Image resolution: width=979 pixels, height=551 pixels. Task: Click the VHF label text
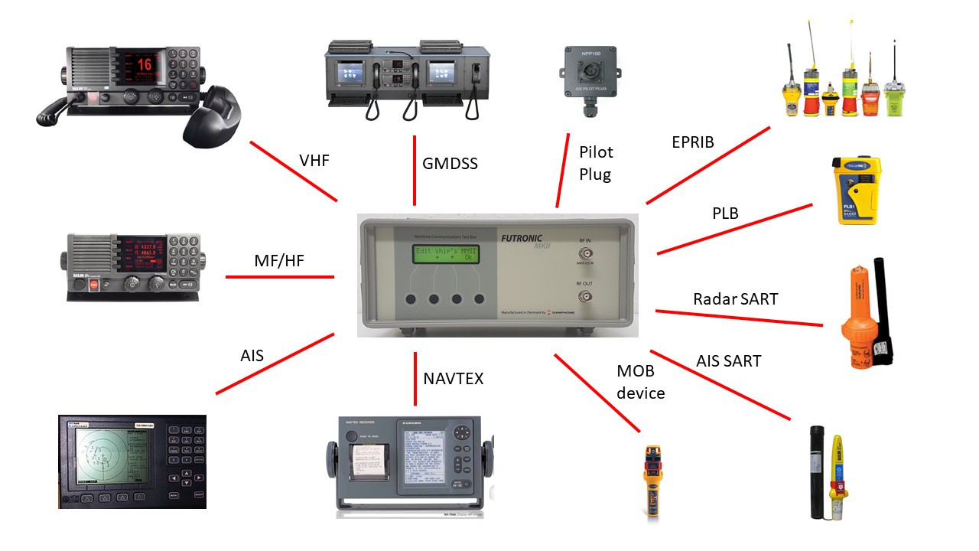coord(314,161)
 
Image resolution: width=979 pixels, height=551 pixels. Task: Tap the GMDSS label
coord(450,163)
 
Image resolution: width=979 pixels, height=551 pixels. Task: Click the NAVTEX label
coord(453,378)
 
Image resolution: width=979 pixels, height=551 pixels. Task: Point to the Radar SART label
coord(735,298)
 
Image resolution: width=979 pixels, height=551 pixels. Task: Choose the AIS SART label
coord(728,360)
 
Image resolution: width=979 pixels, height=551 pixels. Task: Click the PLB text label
coord(725,213)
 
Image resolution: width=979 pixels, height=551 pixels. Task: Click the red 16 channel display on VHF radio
coord(144,65)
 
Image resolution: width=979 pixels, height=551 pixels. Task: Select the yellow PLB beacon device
coord(858,191)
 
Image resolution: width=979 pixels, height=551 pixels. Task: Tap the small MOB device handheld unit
coord(652,481)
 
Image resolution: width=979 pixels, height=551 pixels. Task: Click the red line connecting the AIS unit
coord(275,364)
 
